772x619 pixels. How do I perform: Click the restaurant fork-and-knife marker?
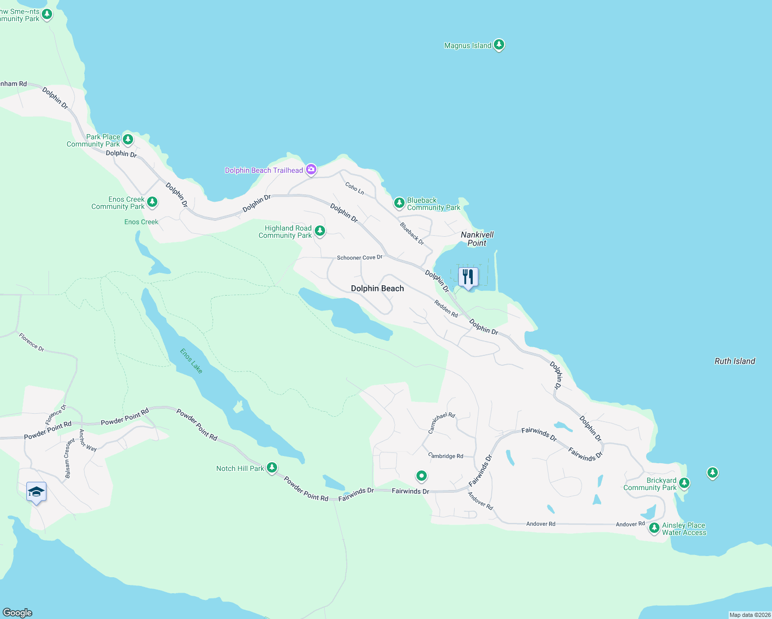tap(468, 277)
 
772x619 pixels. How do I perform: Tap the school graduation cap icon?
tap(36, 492)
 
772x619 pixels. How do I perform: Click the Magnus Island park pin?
tap(498, 45)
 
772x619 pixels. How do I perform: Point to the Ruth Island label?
tap(734, 361)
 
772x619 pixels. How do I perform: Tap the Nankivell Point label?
tap(477, 239)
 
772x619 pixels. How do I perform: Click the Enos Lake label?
tap(191, 361)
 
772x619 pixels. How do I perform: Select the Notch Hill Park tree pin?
tap(271, 468)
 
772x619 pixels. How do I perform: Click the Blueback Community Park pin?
tap(399, 203)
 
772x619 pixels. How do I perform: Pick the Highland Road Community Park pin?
tap(320, 231)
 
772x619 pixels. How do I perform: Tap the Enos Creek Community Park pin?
tap(152, 202)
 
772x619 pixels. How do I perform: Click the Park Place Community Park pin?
tap(128, 139)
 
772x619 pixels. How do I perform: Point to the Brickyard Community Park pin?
tap(684, 483)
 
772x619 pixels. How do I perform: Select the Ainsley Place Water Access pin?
tap(654, 528)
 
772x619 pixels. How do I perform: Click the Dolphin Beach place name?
tap(377, 288)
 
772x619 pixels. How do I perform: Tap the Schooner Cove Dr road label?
tap(360, 257)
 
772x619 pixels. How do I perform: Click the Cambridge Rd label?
tap(446, 456)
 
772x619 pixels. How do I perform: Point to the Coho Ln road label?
tap(355, 188)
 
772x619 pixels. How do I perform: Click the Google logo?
tap(18, 612)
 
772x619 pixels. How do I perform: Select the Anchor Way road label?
tap(88, 441)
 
